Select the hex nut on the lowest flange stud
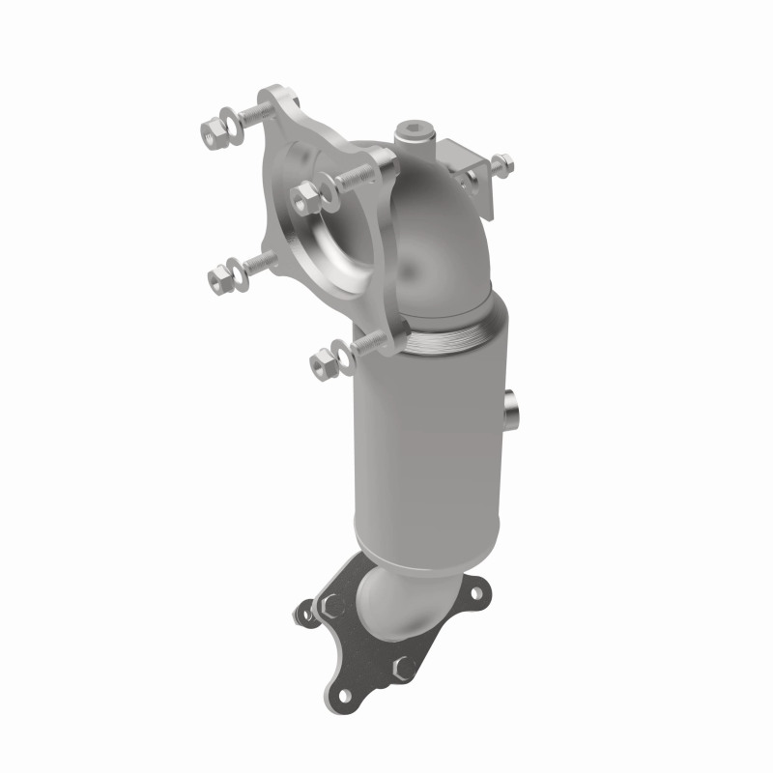[320, 363]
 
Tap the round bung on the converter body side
[512, 406]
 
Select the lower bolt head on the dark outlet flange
[404, 666]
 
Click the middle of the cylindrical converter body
[425, 444]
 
